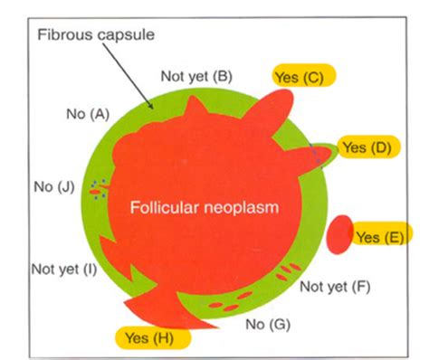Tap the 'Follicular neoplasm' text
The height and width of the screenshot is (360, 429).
coord(204,206)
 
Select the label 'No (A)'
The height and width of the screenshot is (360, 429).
coord(87,114)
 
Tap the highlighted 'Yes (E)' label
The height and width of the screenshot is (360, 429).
coord(379,237)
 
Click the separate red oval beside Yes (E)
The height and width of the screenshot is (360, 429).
coord(339,233)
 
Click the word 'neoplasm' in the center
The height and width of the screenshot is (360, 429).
coord(243,206)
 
